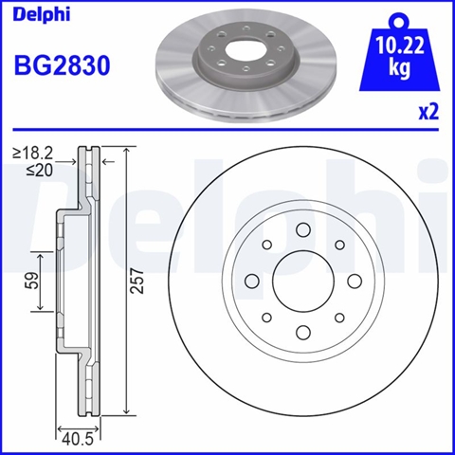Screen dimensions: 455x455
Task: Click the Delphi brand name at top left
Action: pyautogui.click(x=42, y=15)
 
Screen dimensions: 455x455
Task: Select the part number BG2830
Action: pyautogui.click(x=63, y=65)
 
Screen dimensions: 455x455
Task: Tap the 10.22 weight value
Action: pyautogui.click(x=400, y=46)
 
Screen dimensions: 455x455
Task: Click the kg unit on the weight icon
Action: pyautogui.click(x=400, y=67)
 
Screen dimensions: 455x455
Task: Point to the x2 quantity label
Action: pyautogui.click(x=428, y=112)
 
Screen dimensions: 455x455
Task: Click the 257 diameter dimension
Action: pyautogui.click(x=137, y=282)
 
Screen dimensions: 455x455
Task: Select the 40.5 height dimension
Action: pyautogui.click(x=78, y=439)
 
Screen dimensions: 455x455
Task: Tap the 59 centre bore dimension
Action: pyautogui.click(x=32, y=280)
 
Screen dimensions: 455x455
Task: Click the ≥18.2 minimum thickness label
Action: pyautogui.click(x=32, y=154)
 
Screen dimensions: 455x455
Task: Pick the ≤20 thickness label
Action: pyautogui.click(x=40, y=171)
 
